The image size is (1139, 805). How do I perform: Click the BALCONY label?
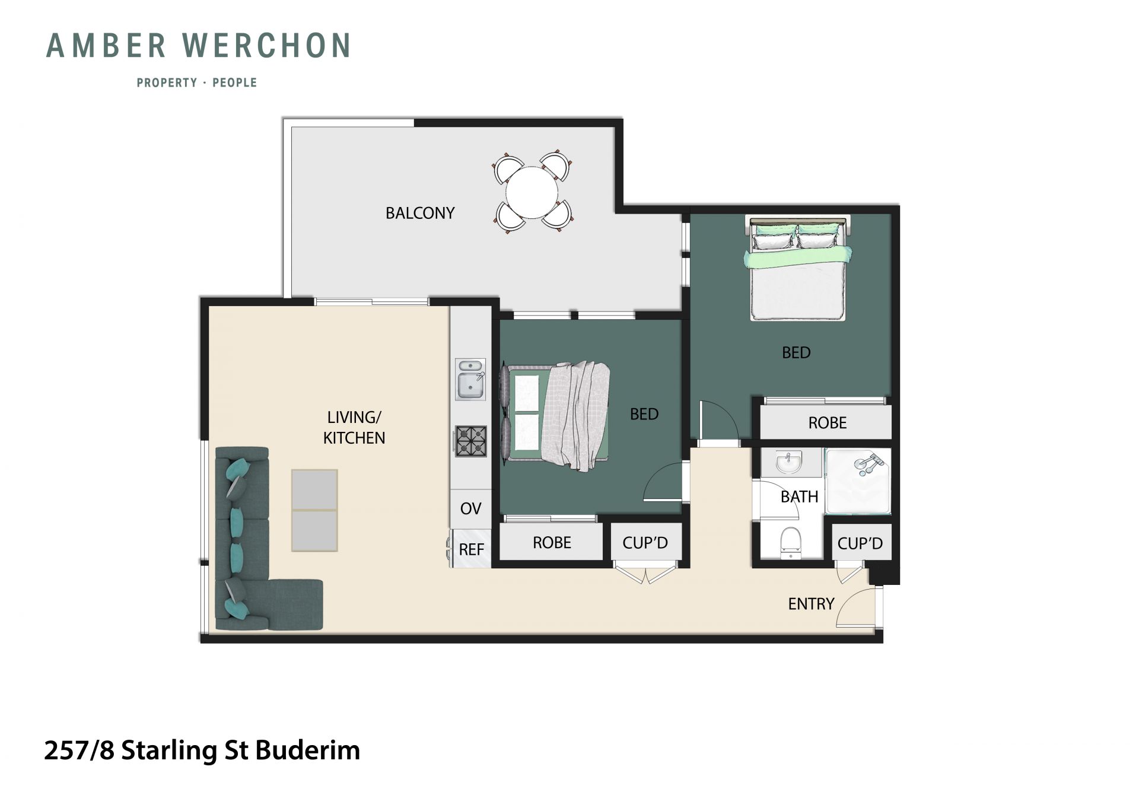pos(420,213)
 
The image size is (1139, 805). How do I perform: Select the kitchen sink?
pos(470,379)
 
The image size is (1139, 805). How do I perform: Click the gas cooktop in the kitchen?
pos(471,441)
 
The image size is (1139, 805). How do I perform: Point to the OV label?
pos(471,508)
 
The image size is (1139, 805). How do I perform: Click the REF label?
pos(472,549)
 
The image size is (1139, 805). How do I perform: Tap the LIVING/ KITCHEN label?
pos(354,428)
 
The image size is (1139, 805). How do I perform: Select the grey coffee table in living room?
pos(314,511)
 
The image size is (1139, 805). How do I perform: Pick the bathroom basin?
pos(788,463)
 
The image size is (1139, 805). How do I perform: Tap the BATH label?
pos(800,497)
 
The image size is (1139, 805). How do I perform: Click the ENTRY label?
pos(811,604)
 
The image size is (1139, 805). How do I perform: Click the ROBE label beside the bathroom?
pos(828,423)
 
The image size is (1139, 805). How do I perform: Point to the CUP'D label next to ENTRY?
pos(860,543)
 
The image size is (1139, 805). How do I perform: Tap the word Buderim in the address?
pos(308,750)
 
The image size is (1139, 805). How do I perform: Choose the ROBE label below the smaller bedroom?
pos(552,543)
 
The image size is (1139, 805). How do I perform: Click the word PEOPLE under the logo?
pos(235,82)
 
